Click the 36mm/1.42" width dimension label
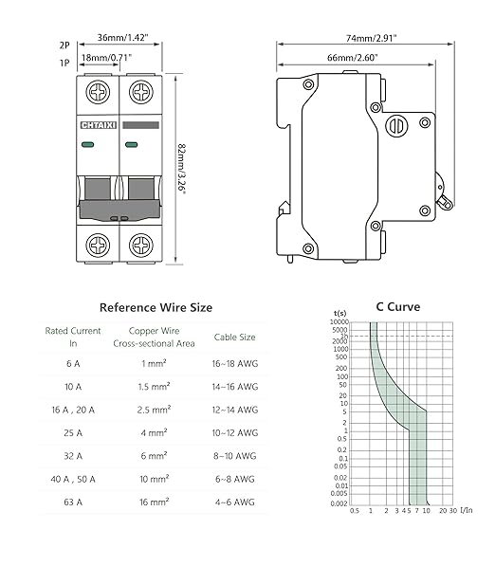pos(123,39)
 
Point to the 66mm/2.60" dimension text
pos(353,58)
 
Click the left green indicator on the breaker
pos(87,145)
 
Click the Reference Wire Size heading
pos(156,307)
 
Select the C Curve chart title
pos(397,307)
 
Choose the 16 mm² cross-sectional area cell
pos(154,503)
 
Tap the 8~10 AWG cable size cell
pos(233,457)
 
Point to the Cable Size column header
pos(233,337)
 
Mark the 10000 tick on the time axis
pos(339,323)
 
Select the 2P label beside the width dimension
pos(64,44)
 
